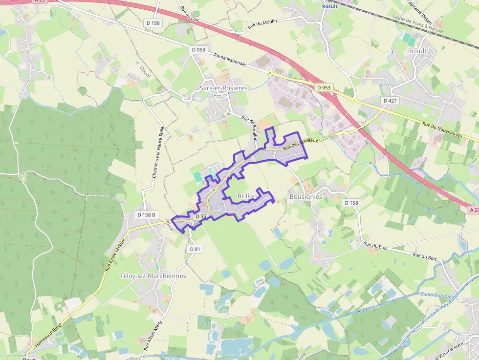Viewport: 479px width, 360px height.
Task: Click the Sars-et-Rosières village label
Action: [x=223, y=88]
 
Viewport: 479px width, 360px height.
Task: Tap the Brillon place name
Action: [x=247, y=196]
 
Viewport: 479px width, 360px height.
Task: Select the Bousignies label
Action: [x=305, y=196]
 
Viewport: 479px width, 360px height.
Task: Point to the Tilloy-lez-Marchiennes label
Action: [x=153, y=276]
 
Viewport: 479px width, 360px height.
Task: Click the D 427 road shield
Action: [x=390, y=100]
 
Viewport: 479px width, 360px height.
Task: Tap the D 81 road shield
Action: [x=195, y=249]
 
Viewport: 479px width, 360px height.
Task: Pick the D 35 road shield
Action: [x=200, y=216]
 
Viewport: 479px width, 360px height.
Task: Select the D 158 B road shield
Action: [x=147, y=214]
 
